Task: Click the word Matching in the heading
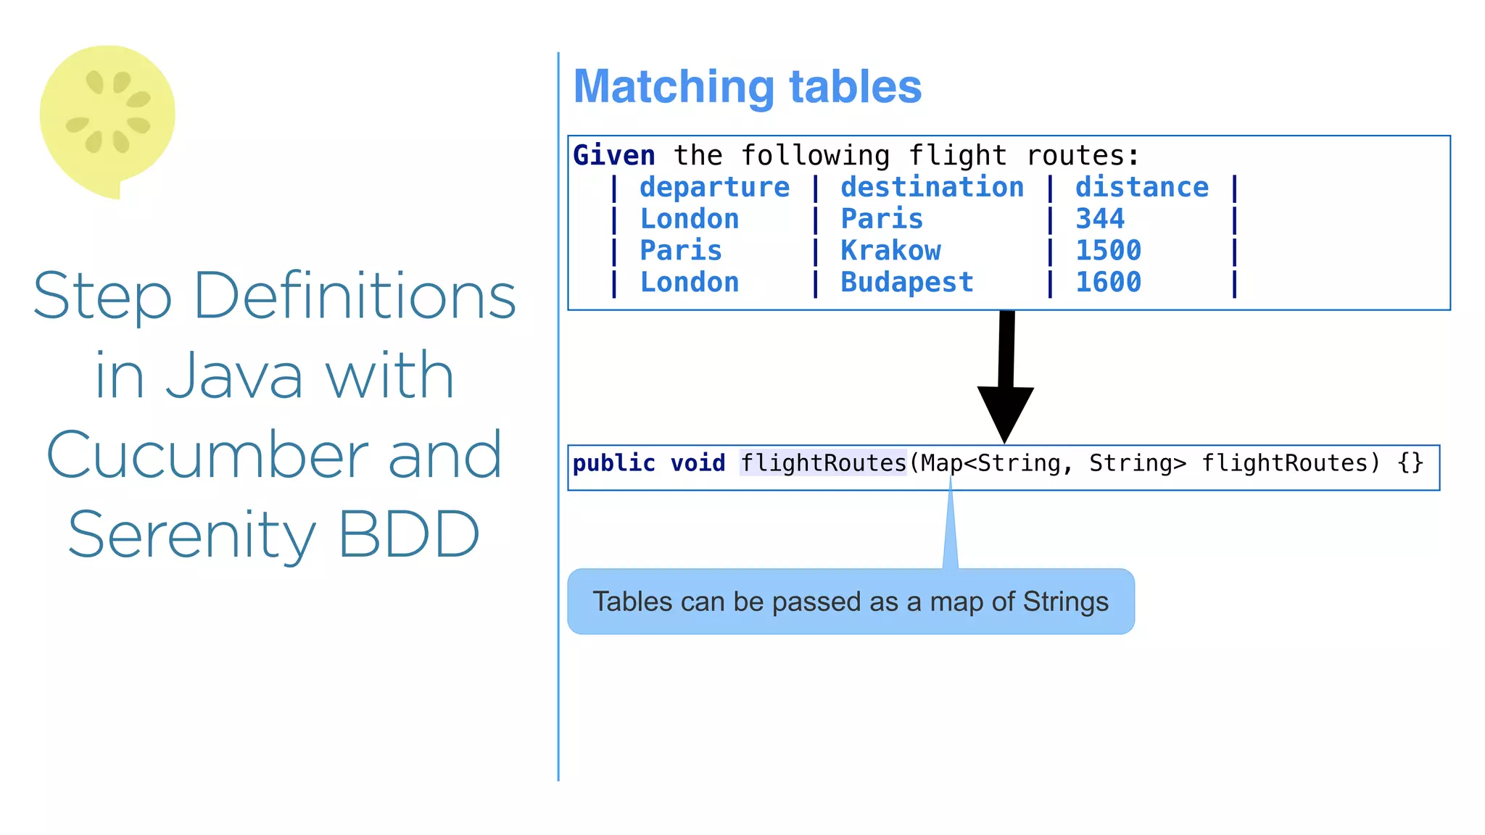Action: pos(674,87)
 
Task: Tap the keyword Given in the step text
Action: pos(613,156)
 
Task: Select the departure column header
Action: pos(714,188)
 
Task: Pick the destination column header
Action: pos(932,188)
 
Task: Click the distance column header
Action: pos(1141,188)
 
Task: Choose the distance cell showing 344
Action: pos(1099,219)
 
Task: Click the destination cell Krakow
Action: pos(890,251)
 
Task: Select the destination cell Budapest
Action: pos(906,283)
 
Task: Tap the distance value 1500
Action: pos(1108,251)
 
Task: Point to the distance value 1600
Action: pos(1108,283)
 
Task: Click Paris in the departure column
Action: pos(680,251)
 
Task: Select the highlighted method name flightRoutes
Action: pos(823,462)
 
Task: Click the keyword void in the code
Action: pos(698,462)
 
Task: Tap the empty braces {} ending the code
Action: pos(1410,462)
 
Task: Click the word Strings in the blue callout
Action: pos(1065,602)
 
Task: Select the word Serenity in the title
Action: pos(192,535)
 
